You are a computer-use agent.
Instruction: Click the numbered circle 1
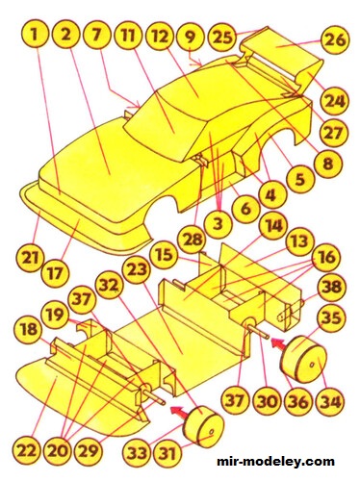point(34,38)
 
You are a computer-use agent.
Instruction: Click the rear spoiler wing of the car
point(279,50)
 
